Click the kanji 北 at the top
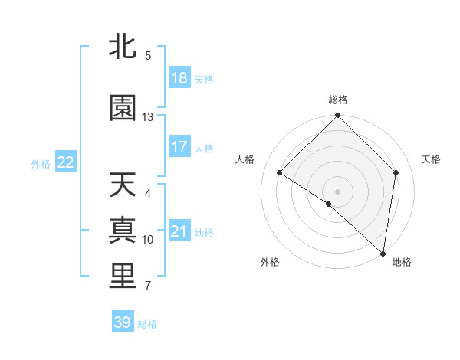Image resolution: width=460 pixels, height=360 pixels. pyautogui.click(x=123, y=47)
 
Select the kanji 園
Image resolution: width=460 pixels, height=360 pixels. pyautogui.click(x=123, y=109)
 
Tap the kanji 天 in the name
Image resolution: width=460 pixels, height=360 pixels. pyautogui.click(x=123, y=185)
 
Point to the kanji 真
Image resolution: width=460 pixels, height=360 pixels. pyautogui.click(x=123, y=231)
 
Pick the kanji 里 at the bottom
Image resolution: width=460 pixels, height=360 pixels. pyautogui.click(x=123, y=277)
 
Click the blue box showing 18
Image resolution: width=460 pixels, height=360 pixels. pyautogui.click(x=179, y=78)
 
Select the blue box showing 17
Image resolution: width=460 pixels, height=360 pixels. pyautogui.click(x=179, y=147)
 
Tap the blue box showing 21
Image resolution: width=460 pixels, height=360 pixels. pyautogui.click(x=179, y=231)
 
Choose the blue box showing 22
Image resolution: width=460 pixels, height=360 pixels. pyautogui.click(x=66, y=162)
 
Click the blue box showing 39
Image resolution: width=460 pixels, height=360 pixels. pyautogui.click(x=123, y=322)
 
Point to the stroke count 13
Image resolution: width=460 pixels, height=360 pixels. pyautogui.click(x=148, y=117)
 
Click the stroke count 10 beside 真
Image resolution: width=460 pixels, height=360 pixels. pyautogui.click(x=148, y=240)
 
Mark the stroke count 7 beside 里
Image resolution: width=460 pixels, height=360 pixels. pyautogui.click(x=148, y=286)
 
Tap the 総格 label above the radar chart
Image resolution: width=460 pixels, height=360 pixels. pyautogui.click(x=338, y=100)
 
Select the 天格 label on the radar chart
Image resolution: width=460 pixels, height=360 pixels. pyautogui.click(x=431, y=159)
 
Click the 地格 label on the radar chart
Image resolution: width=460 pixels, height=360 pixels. pyautogui.click(x=402, y=262)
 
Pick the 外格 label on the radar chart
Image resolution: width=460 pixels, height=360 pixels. pyautogui.click(x=270, y=262)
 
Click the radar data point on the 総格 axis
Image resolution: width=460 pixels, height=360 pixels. pyautogui.click(x=338, y=116)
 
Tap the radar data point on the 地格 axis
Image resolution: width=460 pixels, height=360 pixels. pyautogui.click(x=383, y=254)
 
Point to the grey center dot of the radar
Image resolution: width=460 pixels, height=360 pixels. pyautogui.click(x=338, y=191)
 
